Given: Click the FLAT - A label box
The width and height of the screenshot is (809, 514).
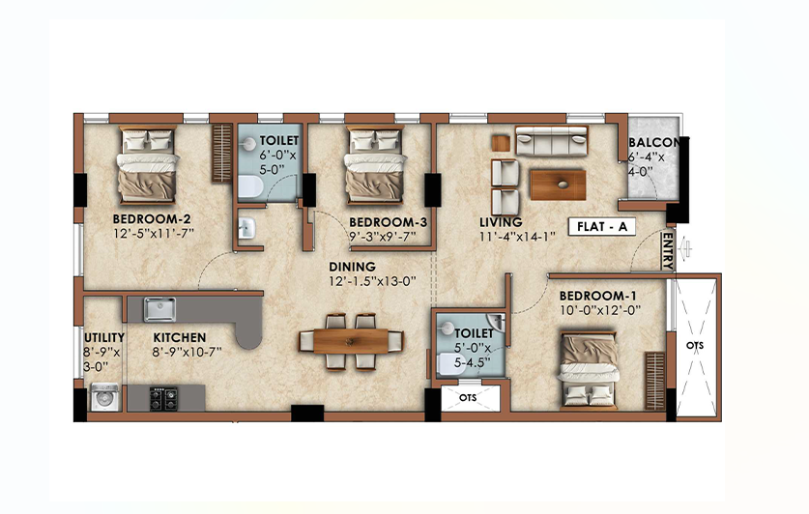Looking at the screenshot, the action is coord(601,227).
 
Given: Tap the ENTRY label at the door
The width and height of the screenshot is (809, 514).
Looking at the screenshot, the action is coord(668,250).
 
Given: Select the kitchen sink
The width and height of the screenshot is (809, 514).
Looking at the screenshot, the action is coord(159,309).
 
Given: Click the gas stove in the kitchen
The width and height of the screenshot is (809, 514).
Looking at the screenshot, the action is coord(163,398).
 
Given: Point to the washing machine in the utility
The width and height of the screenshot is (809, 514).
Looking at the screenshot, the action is coord(105,397).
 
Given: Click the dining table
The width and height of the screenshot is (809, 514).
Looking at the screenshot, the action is coord(351,341).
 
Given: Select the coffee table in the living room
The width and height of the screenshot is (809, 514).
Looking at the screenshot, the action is coord(558,186).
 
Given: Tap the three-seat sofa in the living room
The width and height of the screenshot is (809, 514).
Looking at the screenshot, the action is coord(552,141).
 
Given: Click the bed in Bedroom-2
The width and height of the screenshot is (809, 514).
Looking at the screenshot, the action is coord(147,165).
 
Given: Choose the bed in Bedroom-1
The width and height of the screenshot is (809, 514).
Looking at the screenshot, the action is coord(589,370).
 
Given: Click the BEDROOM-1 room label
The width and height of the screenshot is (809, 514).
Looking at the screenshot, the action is coord(597,296).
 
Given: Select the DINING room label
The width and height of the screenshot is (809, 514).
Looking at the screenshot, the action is coord(353,267).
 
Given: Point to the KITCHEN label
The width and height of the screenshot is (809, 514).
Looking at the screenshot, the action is coord(180,338).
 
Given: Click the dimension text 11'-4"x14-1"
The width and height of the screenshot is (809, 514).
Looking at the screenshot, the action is coord(517,237).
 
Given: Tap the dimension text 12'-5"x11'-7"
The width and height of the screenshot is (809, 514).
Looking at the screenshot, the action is coord(154,233).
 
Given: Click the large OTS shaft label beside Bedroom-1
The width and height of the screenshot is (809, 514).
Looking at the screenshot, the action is coord(695,346).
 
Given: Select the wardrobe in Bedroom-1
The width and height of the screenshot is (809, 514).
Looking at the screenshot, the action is coord(654,381).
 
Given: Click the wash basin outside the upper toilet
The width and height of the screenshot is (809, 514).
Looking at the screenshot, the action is coord(246,228).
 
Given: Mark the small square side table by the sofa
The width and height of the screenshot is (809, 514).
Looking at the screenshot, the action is coord(501,143).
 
